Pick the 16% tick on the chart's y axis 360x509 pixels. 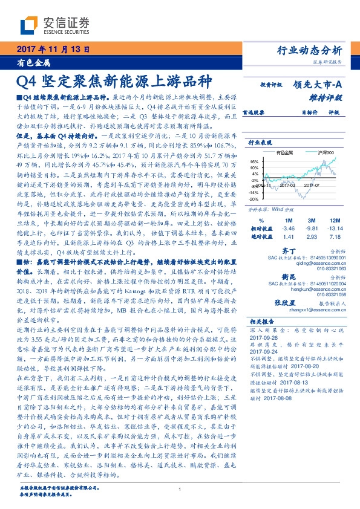[x=254, y=161]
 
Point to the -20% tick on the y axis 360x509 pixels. [x=254, y=199]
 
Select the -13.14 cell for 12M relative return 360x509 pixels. [x=336, y=230]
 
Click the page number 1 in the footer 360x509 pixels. [x=180, y=490]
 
